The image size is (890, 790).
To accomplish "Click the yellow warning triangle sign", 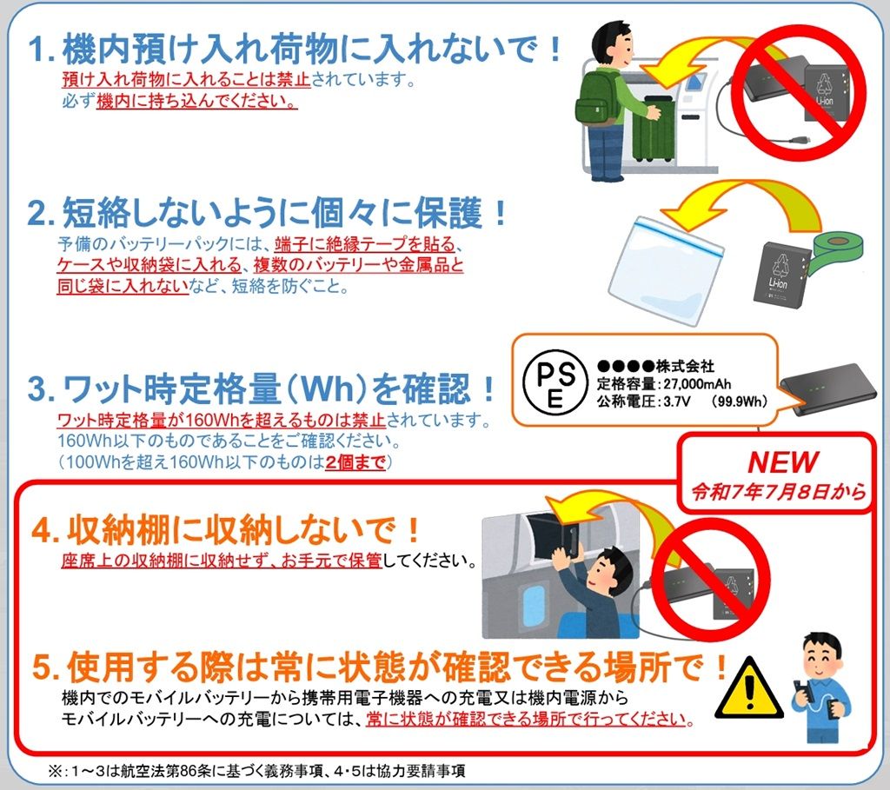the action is click(x=749, y=688).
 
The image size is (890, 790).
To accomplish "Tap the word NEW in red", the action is click(x=783, y=462).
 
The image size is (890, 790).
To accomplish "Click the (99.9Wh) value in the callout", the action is click(x=738, y=402).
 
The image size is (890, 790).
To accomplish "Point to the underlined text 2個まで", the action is click(x=355, y=462).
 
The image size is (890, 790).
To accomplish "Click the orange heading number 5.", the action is click(x=45, y=668).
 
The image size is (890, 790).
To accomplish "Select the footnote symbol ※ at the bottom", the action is click(x=55, y=771).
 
